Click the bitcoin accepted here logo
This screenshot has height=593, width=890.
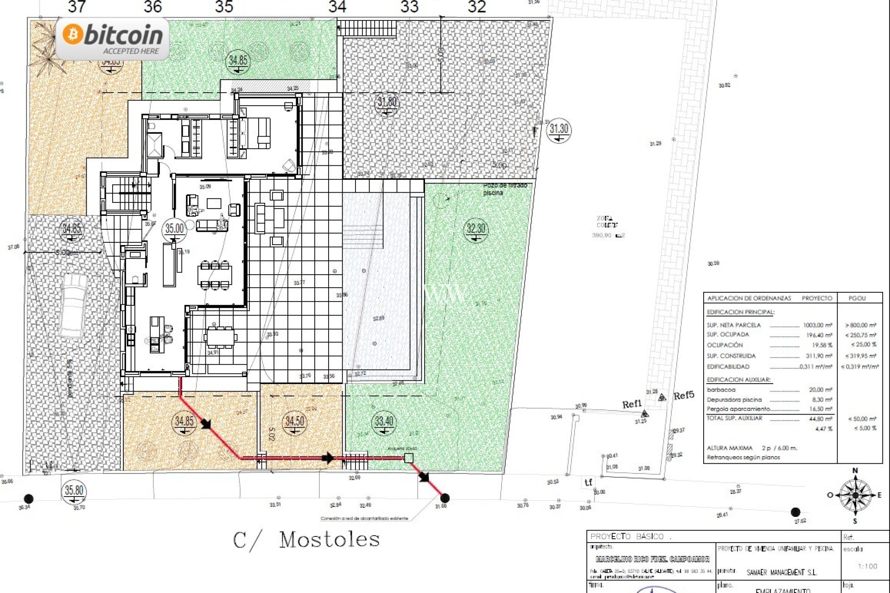click(113, 38)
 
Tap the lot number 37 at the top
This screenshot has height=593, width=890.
click(76, 7)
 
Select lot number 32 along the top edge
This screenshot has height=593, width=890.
click(477, 7)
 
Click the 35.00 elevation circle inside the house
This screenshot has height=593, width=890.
click(174, 229)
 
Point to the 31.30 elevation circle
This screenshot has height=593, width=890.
click(559, 130)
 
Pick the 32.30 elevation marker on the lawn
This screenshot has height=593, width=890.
click(476, 229)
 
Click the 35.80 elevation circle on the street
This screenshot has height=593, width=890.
click(74, 491)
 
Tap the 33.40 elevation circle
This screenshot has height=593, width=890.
click(384, 422)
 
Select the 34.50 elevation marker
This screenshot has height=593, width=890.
click(295, 422)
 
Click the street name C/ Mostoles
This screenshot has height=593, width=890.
click(306, 540)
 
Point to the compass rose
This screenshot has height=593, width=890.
click(855, 495)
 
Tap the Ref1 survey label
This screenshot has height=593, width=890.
click(632, 404)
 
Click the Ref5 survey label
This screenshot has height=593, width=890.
click(684, 395)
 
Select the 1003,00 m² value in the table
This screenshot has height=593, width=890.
click(818, 325)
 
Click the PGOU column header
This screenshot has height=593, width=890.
click(857, 298)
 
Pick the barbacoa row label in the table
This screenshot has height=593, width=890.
click(721, 390)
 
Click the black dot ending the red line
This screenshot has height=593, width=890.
click(445, 498)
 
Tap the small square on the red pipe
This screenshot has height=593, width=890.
click(408, 458)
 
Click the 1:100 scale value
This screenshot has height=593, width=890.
click(867, 566)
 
